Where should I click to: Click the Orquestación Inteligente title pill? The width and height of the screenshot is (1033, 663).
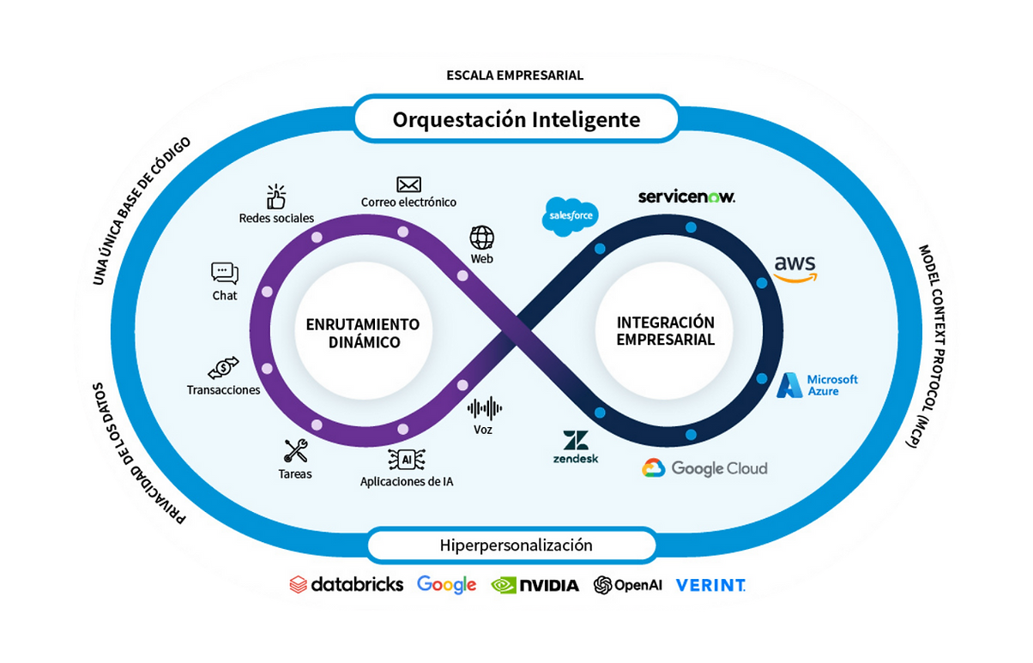point(516,119)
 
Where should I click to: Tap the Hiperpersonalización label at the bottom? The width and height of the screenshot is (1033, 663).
point(516,545)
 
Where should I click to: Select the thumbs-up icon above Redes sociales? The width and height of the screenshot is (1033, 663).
point(275,196)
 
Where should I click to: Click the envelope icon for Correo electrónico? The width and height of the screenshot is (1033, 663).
point(408,184)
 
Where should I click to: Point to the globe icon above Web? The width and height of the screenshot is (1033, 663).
point(482,237)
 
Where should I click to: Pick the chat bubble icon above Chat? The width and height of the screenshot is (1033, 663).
point(225,274)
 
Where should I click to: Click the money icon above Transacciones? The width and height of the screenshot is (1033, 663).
point(223,368)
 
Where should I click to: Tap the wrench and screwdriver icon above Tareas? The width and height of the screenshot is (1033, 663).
point(296,450)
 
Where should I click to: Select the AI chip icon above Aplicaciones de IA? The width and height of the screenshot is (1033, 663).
point(406,460)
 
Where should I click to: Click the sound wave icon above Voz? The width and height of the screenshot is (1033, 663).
point(484,407)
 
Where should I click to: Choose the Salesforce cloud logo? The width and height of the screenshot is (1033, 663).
point(570,215)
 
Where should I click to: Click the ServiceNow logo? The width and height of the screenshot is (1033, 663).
point(686,197)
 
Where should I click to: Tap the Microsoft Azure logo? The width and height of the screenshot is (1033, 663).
point(818,385)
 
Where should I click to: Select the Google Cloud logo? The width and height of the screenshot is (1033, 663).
point(704,468)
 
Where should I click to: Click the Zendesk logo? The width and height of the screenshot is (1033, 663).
point(576,448)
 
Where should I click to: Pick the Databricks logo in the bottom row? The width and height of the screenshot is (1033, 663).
point(347,585)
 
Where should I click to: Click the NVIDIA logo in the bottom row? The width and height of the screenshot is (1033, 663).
point(535,585)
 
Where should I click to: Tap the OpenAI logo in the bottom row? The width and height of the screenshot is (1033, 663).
point(628,585)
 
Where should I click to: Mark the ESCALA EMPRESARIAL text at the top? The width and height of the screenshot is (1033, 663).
point(515,75)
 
